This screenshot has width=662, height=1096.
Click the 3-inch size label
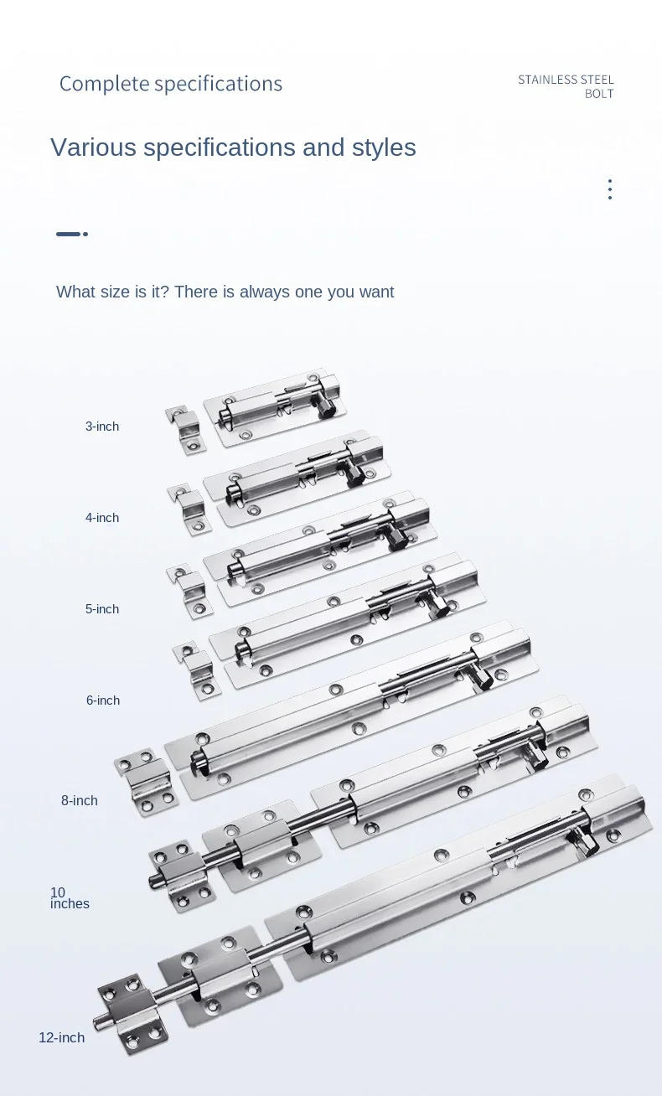[x=101, y=427]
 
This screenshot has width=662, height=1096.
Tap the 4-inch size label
[x=101, y=518]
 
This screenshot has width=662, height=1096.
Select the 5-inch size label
[x=101, y=609]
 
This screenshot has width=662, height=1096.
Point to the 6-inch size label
[x=102, y=701]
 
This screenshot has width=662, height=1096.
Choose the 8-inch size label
[x=79, y=801]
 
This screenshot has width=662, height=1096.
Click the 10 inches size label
[x=69, y=898]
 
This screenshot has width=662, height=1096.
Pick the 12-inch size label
[x=61, y=1038]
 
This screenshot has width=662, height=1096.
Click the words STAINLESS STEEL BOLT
[x=566, y=86]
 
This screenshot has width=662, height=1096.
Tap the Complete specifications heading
[x=170, y=84]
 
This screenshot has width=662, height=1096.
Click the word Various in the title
[x=93, y=147]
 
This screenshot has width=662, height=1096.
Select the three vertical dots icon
[x=610, y=189]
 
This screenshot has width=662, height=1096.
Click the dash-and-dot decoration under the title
[x=72, y=234]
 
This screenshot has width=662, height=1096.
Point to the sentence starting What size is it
[x=225, y=292]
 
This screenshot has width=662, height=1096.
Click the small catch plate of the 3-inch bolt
[x=186, y=429]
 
